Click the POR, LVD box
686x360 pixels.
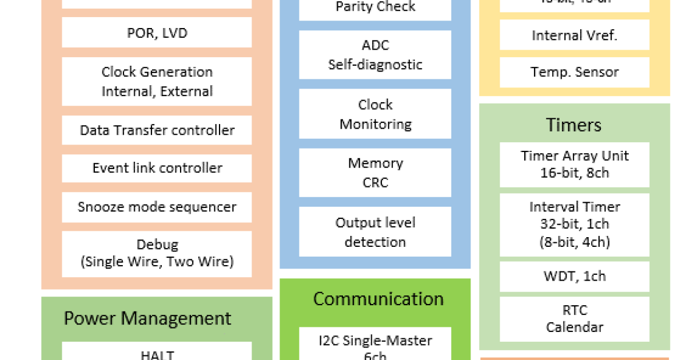tap(157, 33)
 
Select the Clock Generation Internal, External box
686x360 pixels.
tap(157, 81)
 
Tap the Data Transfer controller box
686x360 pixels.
tap(157, 130)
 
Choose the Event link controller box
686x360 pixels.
tap(157, 168)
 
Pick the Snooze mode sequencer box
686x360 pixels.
tap(157, 207)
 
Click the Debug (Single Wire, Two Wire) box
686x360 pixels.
tap(157, 254)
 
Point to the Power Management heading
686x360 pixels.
tap(147, 318)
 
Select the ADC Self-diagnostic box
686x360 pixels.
tap(375, 55)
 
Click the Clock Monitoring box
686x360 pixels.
tap(375, 114)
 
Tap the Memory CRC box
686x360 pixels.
tap(375, 173)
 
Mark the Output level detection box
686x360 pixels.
tap(375, 232)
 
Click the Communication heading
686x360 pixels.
tap(378, 299)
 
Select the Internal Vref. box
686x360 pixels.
tap(575, 35)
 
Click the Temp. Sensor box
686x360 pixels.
tap(575, 72)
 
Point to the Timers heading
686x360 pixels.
tap(574, 125)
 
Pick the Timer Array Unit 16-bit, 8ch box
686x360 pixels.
tap(575, 165)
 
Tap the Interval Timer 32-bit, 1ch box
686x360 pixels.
tap(575, 225)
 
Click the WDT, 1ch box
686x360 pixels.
tap(575, 277)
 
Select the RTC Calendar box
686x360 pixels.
tap(575, 319)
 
